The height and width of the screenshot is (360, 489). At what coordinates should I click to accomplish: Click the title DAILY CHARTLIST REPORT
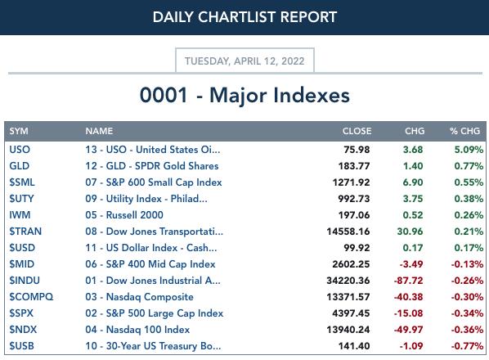coord(244,17)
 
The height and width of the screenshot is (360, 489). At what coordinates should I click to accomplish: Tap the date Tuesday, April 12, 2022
coord(244,61)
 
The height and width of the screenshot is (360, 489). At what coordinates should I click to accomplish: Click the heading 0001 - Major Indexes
coord(244,95)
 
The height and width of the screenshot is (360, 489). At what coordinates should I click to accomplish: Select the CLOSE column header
coord(357,131)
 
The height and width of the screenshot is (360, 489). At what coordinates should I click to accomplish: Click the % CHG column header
coord(464,131)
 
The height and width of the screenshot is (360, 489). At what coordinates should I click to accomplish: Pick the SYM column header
coord(19,131)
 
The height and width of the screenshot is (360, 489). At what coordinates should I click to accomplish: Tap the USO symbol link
coord(20,150)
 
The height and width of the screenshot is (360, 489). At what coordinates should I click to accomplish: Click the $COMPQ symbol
coord(31,297)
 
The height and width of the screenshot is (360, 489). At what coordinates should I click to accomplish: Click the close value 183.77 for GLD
coord(354,166)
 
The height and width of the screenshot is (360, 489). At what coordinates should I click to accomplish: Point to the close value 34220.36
coord(348,281)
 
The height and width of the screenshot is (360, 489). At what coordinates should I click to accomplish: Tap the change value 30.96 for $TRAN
coord(410,232)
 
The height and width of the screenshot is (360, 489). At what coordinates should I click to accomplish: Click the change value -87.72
coord(408,281)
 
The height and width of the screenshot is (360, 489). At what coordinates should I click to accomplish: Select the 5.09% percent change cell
coord(469,150)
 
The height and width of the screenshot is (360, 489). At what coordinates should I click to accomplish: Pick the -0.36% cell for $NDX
coord(467,330)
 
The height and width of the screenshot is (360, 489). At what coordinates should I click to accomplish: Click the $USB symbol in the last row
coord(21,346)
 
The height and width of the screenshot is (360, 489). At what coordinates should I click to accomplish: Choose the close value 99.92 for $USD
coord(357,248)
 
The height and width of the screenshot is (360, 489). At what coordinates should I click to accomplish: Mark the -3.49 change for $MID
coord(411,264)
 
